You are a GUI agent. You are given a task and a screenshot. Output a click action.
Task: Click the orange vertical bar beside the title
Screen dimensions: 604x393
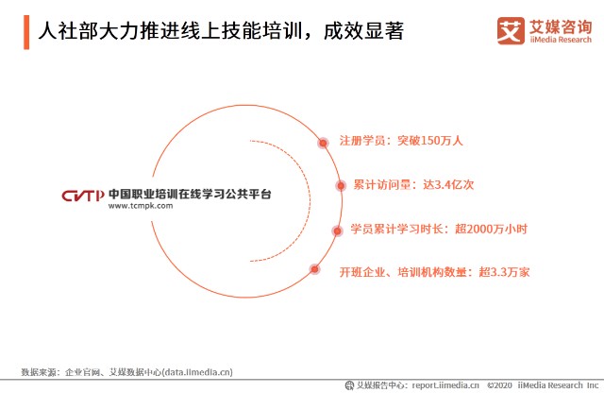point(26,32)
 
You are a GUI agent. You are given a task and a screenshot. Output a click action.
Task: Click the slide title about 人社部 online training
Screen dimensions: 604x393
point(221,31)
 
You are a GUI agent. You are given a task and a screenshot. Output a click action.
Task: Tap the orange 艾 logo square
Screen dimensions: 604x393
point(511,31)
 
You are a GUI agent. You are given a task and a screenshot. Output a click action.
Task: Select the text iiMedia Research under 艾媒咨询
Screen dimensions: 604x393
point(561,40)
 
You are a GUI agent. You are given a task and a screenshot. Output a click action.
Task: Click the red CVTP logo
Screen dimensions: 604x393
point(83,196)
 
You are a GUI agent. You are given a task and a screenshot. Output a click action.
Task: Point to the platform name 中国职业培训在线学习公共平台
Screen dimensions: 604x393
point(190,194)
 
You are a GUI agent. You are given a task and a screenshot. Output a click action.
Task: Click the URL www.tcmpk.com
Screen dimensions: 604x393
point(141,206)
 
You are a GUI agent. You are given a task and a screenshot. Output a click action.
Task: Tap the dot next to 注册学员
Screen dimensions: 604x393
point(323,143)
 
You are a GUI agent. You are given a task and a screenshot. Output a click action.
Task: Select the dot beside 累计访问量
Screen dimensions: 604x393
point(341,186)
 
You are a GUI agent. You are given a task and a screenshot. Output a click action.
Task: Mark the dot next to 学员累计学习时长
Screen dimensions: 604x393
point(337,231)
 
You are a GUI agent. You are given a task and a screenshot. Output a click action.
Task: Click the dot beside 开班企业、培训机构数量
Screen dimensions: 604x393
point(314,269)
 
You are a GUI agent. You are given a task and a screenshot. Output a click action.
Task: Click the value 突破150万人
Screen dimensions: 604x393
point(430,141)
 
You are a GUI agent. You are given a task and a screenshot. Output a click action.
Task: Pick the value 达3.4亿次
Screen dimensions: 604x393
point(448,185)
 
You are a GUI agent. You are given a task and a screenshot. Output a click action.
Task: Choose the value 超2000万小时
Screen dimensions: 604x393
point(491,229)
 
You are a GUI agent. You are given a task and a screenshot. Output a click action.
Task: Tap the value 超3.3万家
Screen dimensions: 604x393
point(504,272)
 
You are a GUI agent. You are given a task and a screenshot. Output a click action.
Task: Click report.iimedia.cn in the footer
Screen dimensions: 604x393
point(445,385)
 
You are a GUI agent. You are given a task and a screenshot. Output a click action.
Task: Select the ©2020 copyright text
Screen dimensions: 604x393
point(499,385)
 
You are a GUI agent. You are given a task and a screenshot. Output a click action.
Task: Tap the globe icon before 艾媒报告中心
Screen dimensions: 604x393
point(349,385)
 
